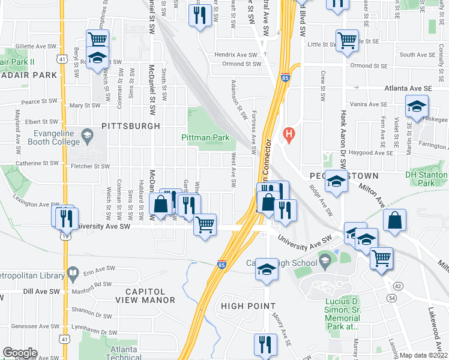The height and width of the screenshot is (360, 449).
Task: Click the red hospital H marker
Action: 289,134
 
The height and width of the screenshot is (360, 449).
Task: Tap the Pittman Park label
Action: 206,137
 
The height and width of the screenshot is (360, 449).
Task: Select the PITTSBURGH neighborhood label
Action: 131,126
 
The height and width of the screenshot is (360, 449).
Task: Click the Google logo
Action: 20,353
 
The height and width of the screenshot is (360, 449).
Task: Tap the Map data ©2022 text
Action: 423,355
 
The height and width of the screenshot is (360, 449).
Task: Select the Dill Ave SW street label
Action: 41,291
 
